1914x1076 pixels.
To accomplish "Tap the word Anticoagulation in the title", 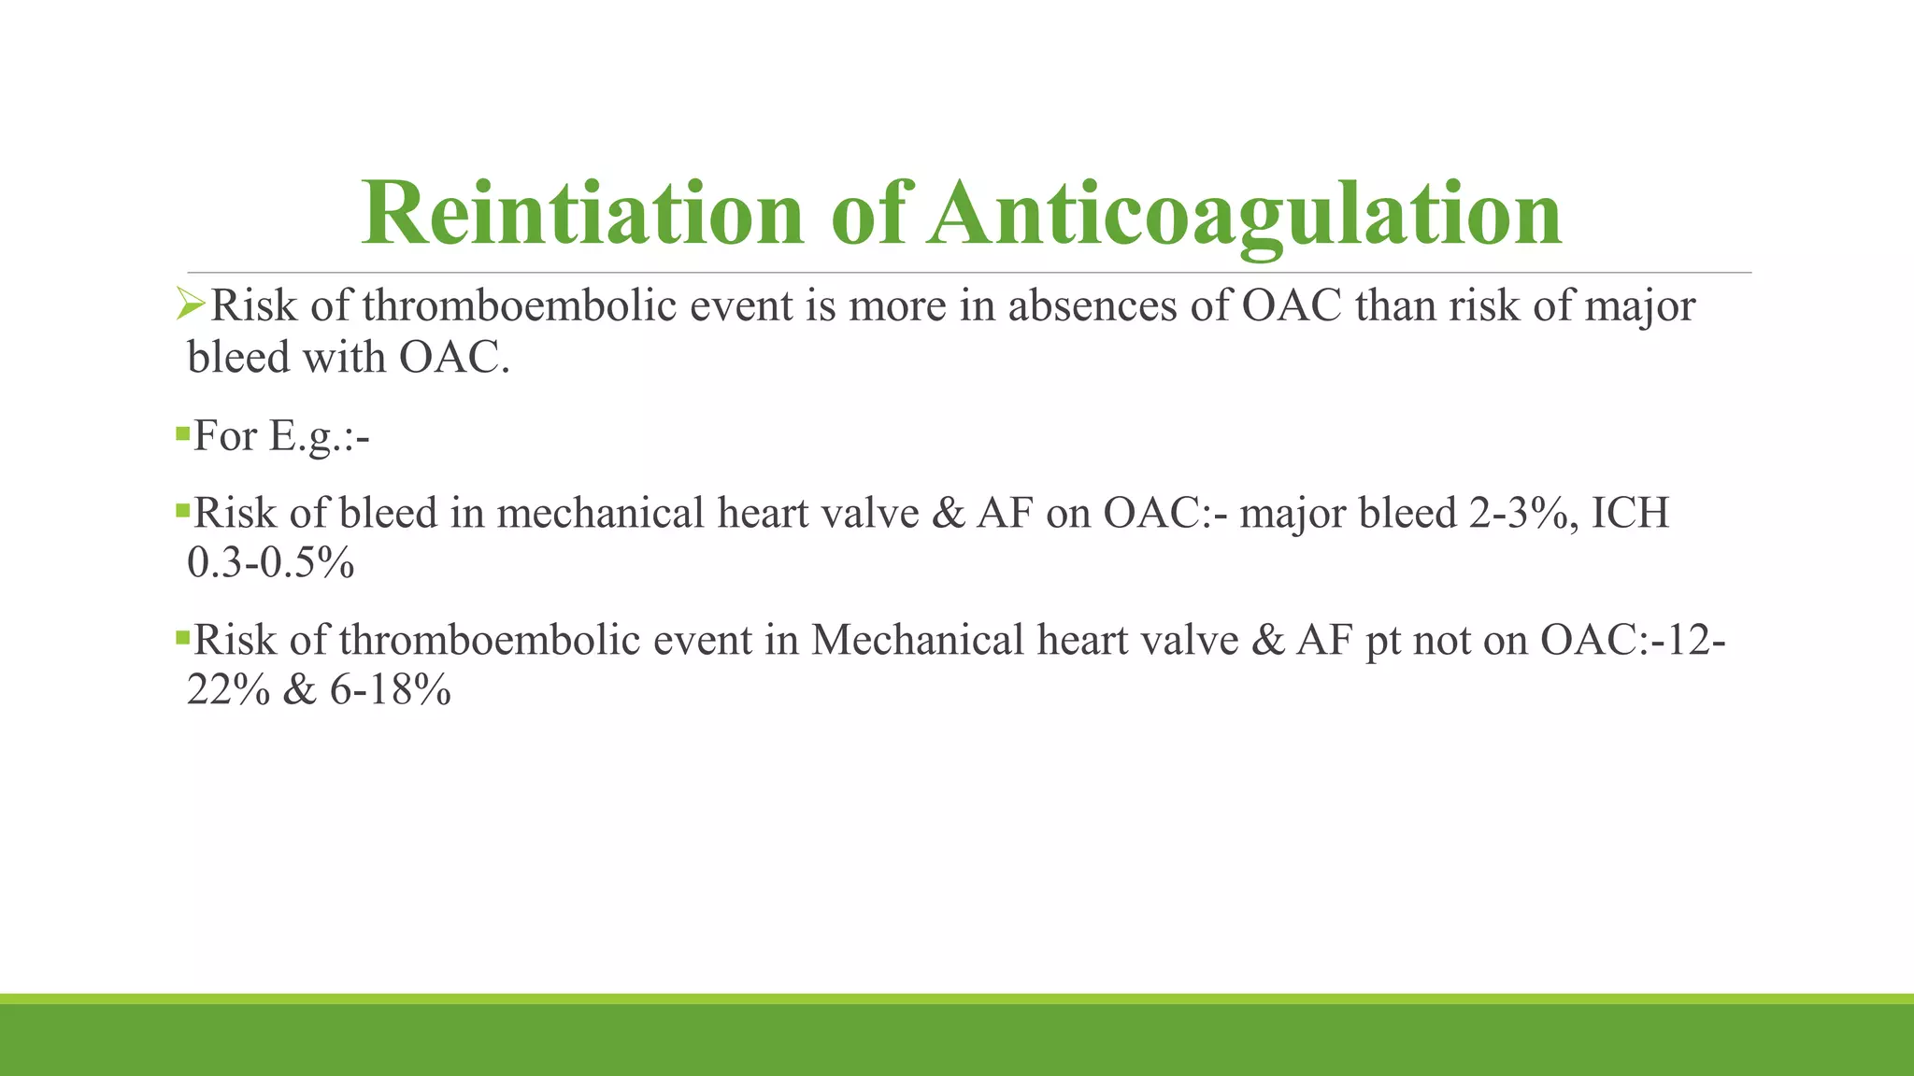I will [1245, 213].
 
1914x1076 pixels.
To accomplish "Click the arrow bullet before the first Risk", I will [191, 304].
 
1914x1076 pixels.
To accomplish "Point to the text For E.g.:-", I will [280, 436].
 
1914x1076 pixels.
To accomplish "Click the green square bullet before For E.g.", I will [182, 432].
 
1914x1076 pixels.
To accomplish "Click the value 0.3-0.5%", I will [271, 563].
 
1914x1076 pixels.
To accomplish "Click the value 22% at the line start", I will [228, 691].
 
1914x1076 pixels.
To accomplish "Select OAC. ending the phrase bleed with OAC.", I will [454, 358].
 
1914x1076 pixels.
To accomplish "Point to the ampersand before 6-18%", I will [299, 691].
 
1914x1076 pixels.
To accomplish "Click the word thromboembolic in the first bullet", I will [519, 306].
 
